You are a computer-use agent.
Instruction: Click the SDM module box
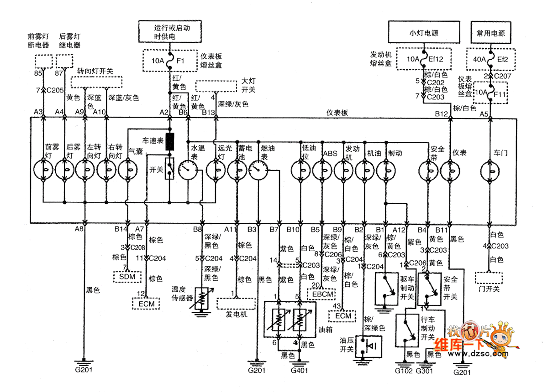[127, 277]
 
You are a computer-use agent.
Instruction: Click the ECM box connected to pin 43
[343, 315]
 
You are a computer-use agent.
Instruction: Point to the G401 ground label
[299, 371]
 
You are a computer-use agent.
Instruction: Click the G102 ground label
[404, 371]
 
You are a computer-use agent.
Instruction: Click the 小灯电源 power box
[423, 32]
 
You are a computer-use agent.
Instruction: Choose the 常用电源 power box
[491, 32]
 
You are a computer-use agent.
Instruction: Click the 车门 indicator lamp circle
[491, 171]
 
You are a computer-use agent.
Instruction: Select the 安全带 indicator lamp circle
[430, 171]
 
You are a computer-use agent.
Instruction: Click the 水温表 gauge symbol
[190, 172]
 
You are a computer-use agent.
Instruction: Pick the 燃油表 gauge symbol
[260, 172]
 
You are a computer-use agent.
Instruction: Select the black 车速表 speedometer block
[170, 142]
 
